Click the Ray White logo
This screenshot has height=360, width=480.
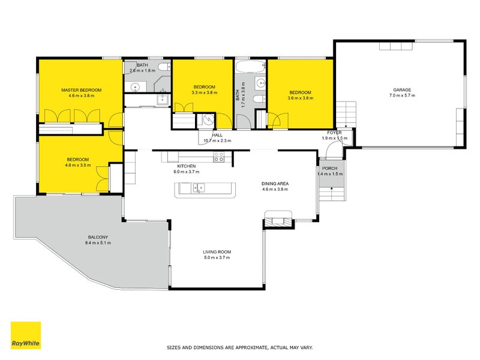26,335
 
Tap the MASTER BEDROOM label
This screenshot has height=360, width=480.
81,90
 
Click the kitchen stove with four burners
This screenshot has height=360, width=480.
219,157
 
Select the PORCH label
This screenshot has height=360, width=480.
329,168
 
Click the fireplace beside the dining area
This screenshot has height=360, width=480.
279,220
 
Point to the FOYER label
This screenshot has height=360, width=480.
334,133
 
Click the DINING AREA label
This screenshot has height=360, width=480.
275,184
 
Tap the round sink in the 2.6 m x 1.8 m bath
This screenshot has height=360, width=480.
136,87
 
